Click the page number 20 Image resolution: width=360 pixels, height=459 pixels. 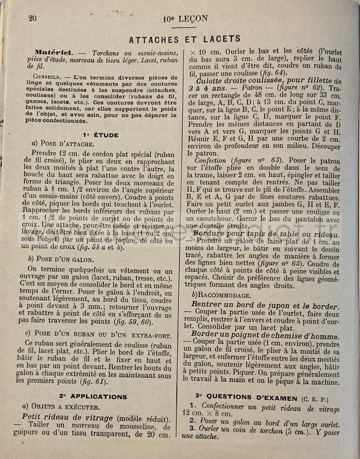click(x=32, y=18)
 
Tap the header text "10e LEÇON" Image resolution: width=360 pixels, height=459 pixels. click(x=185, y=19)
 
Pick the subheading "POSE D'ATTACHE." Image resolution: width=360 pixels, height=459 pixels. click(x=67, y=144)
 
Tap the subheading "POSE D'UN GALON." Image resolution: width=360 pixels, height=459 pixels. click(x=67, y=259)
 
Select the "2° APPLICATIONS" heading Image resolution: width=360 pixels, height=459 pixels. click(x=92, y=397)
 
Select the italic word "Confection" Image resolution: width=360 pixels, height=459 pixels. click(x=211, y=160)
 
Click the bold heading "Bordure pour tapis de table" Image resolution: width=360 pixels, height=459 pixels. click(x=265, y=235)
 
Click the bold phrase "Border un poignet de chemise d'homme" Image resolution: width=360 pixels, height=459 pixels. click(x=265, y=336)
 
